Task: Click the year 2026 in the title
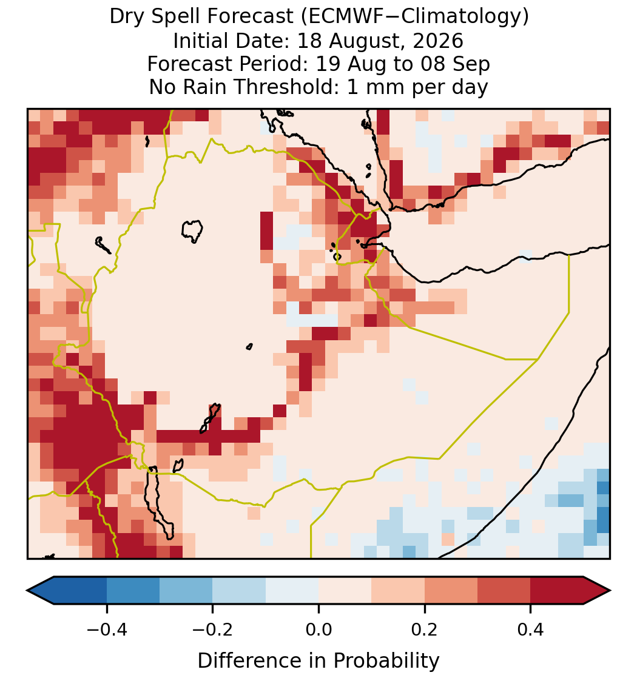pos(438,41)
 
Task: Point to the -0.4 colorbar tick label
pos(107,629)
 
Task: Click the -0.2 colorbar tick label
pos(213,629)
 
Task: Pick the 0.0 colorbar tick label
pos(318,629)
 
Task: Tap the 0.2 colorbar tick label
pos(425,629)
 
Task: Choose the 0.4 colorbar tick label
pos(531,629)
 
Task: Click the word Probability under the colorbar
pos(386,661)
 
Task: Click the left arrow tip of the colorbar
pos(27,590)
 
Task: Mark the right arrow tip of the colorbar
pos(610,590)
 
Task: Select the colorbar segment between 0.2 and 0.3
pos(451,590)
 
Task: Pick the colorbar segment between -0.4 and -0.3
pos(133,590)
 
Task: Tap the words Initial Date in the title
pos(231,41)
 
